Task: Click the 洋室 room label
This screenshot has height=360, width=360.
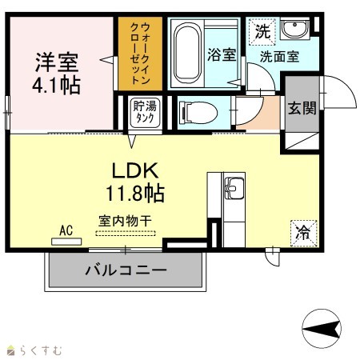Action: pos(57,62)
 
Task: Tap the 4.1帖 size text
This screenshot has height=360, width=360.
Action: pos(56,85)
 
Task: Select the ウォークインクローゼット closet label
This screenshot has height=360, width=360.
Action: pos(140,54)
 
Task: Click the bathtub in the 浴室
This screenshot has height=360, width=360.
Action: pos(187,53)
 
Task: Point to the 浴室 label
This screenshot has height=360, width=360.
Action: pos(222,54)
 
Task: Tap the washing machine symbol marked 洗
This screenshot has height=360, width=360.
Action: pos(262,32)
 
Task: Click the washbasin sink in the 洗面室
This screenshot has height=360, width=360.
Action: pos(295,28)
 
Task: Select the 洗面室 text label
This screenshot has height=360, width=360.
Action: pos(279,56)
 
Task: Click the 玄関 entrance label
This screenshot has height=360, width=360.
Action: pos(302,108)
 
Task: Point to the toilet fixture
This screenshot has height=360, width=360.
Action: pos(198,113)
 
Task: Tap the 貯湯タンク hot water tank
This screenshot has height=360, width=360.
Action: pos(145,112)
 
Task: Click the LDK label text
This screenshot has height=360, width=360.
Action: pos(135,170)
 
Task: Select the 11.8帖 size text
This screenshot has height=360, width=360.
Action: pos(135,194)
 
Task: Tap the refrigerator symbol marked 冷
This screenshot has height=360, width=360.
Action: pos(304,234)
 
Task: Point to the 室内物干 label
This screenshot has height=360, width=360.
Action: pos(126,221)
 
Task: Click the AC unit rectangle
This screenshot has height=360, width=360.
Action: pos(66,242)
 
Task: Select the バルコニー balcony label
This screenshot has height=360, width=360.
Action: pos(126,270)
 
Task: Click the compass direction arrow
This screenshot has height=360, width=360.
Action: pos(322,328)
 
